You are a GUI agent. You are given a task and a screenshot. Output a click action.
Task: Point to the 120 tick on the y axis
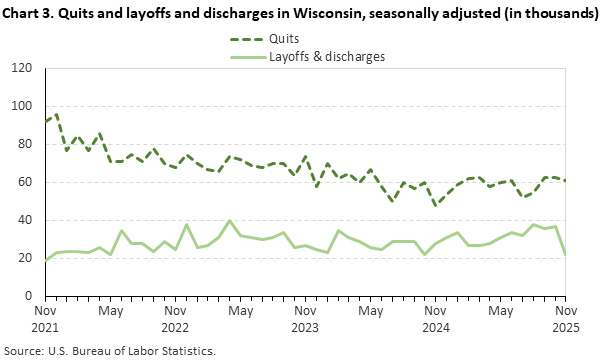coord(22,68)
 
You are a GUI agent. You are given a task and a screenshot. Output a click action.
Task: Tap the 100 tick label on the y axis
coord(22,106)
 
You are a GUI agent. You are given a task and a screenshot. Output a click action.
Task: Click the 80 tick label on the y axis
coord(25,144)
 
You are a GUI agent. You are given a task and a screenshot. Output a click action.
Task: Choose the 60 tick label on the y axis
coord(25,182)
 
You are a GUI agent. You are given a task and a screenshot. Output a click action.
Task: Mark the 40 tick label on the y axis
coord(25,220)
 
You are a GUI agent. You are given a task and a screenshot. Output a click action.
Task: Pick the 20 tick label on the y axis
coord(25,258)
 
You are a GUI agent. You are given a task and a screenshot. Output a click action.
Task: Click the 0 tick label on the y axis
coord(28,296)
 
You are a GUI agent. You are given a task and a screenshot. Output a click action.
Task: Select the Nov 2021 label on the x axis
coord(46,318)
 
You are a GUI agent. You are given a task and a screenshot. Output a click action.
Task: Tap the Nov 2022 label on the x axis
coord(176,318)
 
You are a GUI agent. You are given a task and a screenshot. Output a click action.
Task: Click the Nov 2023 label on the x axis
coord(305,318)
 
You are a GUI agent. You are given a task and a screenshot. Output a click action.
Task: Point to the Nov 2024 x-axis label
coord(435,318)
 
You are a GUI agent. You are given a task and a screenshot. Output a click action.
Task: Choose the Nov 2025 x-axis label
coord(565,318)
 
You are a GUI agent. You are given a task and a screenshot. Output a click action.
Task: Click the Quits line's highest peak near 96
coord(57,114)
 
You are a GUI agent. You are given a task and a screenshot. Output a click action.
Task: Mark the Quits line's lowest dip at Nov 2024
coord(436,205)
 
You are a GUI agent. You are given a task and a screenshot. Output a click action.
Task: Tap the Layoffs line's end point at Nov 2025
coord(565,254)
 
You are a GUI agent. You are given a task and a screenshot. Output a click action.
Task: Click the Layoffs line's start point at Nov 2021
coord(46,260)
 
